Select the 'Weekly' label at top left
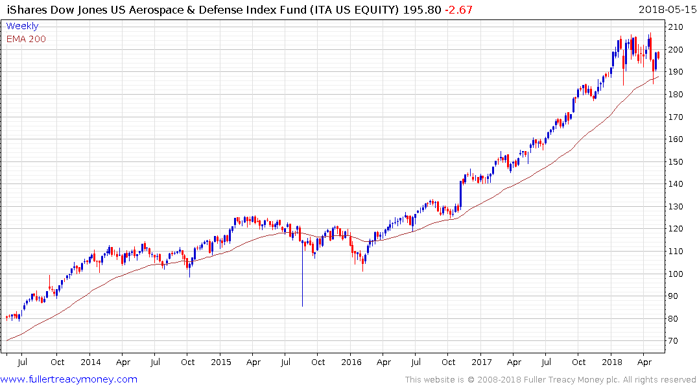coord(22,26)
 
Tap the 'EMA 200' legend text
coord(26,39)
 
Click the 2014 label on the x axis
coord(91,362)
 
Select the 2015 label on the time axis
coord(221,362)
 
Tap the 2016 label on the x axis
coord(351,362)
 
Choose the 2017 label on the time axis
coord(482,362)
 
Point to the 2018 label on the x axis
coord(612,362)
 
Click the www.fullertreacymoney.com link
coord(69,379)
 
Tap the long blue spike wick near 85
coord(302,279)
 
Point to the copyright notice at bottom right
coord(550,380)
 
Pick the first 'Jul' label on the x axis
coord(23,362)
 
